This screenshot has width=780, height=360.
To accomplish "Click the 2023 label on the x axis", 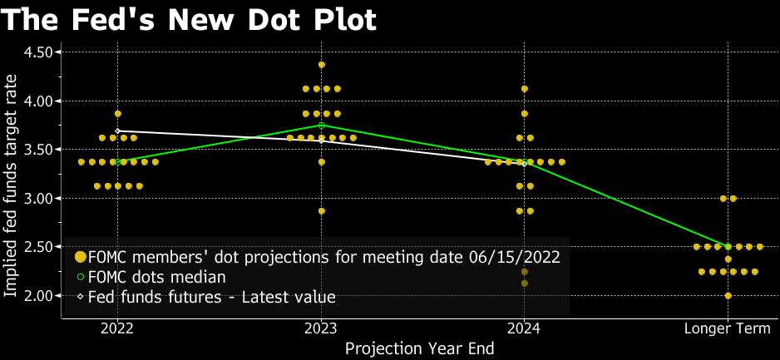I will [x=321, y=328].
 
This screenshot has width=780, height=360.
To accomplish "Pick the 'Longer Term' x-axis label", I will [x=728, y=328].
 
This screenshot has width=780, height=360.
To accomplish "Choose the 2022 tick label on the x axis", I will [x=118, y=328].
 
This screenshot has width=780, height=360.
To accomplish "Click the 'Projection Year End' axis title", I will [x=419, y=348].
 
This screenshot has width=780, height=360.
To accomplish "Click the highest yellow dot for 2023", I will [x=322, y=64].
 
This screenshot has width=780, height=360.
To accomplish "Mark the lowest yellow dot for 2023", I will [x=322, y=211].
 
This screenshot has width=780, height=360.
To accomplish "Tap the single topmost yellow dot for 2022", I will [x=118, y=113].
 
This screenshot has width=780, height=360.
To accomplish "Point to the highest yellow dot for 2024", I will [x=525, y=89].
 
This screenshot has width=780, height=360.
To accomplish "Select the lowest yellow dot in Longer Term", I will [x=728, y=296].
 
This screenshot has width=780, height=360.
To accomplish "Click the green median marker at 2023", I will [x=322, y=126].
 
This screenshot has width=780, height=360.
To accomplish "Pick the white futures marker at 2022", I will [x=118, y=131].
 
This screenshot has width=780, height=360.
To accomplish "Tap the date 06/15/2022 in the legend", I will [x=517, y=257].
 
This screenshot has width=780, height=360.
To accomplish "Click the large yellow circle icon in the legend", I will [x=81, y=257].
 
